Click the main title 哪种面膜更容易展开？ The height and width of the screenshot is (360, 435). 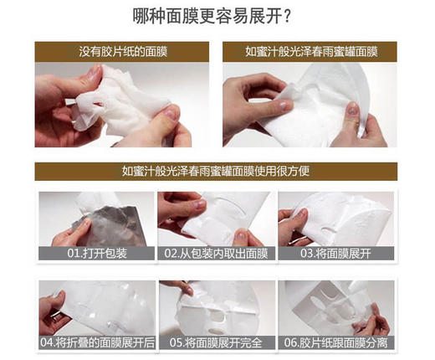coord(218,16)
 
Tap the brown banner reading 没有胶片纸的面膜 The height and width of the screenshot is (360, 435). coord(121,51)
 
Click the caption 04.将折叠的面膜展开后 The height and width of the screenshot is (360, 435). coord(95,342)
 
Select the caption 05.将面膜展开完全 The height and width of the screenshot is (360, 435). coord(213,342)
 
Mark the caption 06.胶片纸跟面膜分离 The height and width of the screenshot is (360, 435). coord(335,342)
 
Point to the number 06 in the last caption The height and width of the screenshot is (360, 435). coord(294,342)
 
